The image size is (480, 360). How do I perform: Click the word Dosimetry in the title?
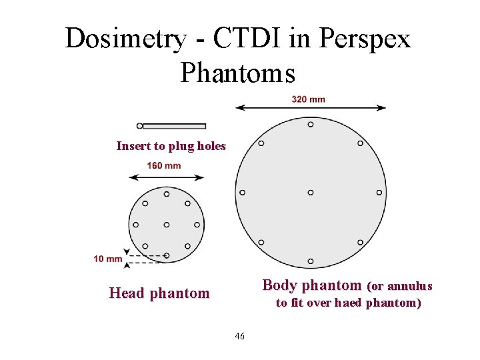[125, 39]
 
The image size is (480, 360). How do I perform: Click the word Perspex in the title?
[365, 39]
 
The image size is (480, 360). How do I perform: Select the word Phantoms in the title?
[237, 73]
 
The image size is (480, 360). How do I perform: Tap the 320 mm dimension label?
[308, 99]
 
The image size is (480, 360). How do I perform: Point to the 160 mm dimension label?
[163, 166]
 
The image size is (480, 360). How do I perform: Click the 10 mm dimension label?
[108, 258]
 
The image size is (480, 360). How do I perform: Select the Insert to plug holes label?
[171, 146]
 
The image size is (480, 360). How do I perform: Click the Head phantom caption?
[159, 293]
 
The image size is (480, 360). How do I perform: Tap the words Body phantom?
[311, 285]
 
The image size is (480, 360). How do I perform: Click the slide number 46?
[240, 336]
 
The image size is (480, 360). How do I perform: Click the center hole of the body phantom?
[311, 193]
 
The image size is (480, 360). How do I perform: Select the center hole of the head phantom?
[166, 225]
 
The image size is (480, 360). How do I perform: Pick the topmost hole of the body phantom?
[311, 124]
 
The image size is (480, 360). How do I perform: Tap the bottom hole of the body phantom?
[311, 261]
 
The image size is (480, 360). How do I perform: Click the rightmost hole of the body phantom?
[379, 193]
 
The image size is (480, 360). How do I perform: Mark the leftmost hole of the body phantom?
[242, 193]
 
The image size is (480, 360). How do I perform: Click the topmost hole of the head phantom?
[166, 194]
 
